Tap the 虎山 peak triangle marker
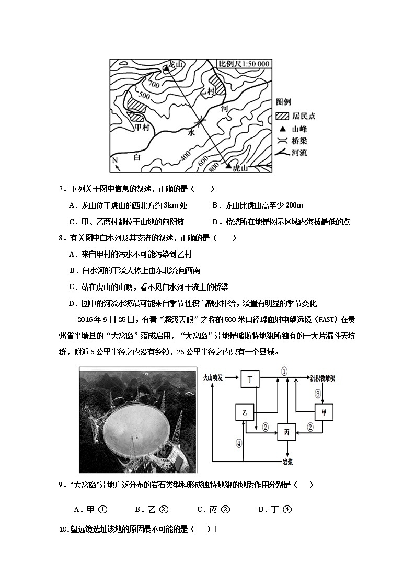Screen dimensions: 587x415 pyautogui.click(x=228, y=166)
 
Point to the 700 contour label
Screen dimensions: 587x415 pyautogui.click(x=154, y=84)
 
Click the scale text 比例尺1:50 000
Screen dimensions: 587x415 pyautogui.click(x=244, y=64)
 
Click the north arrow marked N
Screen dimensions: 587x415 pyautogui.click(x=117, y=163)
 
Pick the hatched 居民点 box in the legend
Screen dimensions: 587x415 pyautogui.click(x=282, y=116)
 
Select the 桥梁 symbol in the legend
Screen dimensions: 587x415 pyautogui.click(x=282, y=141)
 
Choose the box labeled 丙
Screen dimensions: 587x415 pyautogui.click(x=286, y=431)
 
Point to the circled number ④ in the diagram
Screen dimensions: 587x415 pyautogui.click(x=239, y=443)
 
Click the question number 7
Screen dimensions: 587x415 pyautogui.click(x=61, y=189)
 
